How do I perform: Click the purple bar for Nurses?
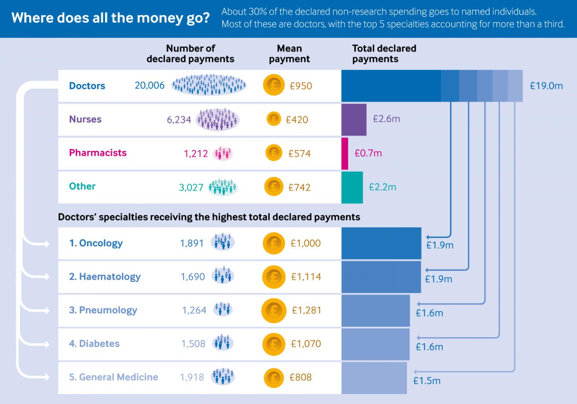(x=353, y=120)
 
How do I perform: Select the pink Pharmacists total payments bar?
(x=345, y=154)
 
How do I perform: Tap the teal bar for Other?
(x=352, y=187)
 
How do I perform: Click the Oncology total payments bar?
(x=381, y=243)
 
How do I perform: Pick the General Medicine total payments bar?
(x=374, y=378)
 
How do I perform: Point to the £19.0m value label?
(x=546, y=86)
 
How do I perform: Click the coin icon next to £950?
(x=274, y=86)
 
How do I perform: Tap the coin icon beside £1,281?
(x=274, y=310)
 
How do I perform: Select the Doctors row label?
(x=87, y=86)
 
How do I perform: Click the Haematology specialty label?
(x=105, y=277)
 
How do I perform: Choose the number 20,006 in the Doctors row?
(x=149, y=85)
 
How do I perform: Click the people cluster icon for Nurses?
(x=218, y=119)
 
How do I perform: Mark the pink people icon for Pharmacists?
(x=223, y=153)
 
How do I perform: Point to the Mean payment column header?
(x=289, y=54)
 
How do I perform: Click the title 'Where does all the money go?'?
(x=110, y=18)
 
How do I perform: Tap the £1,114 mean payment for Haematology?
(x=306, y=277)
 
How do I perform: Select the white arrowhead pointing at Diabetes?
(x=45, y=344)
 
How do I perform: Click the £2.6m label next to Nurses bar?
(x=386, y=119)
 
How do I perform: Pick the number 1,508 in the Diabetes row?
(x=193, y=344)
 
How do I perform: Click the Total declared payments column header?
(x=383, y=54)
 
